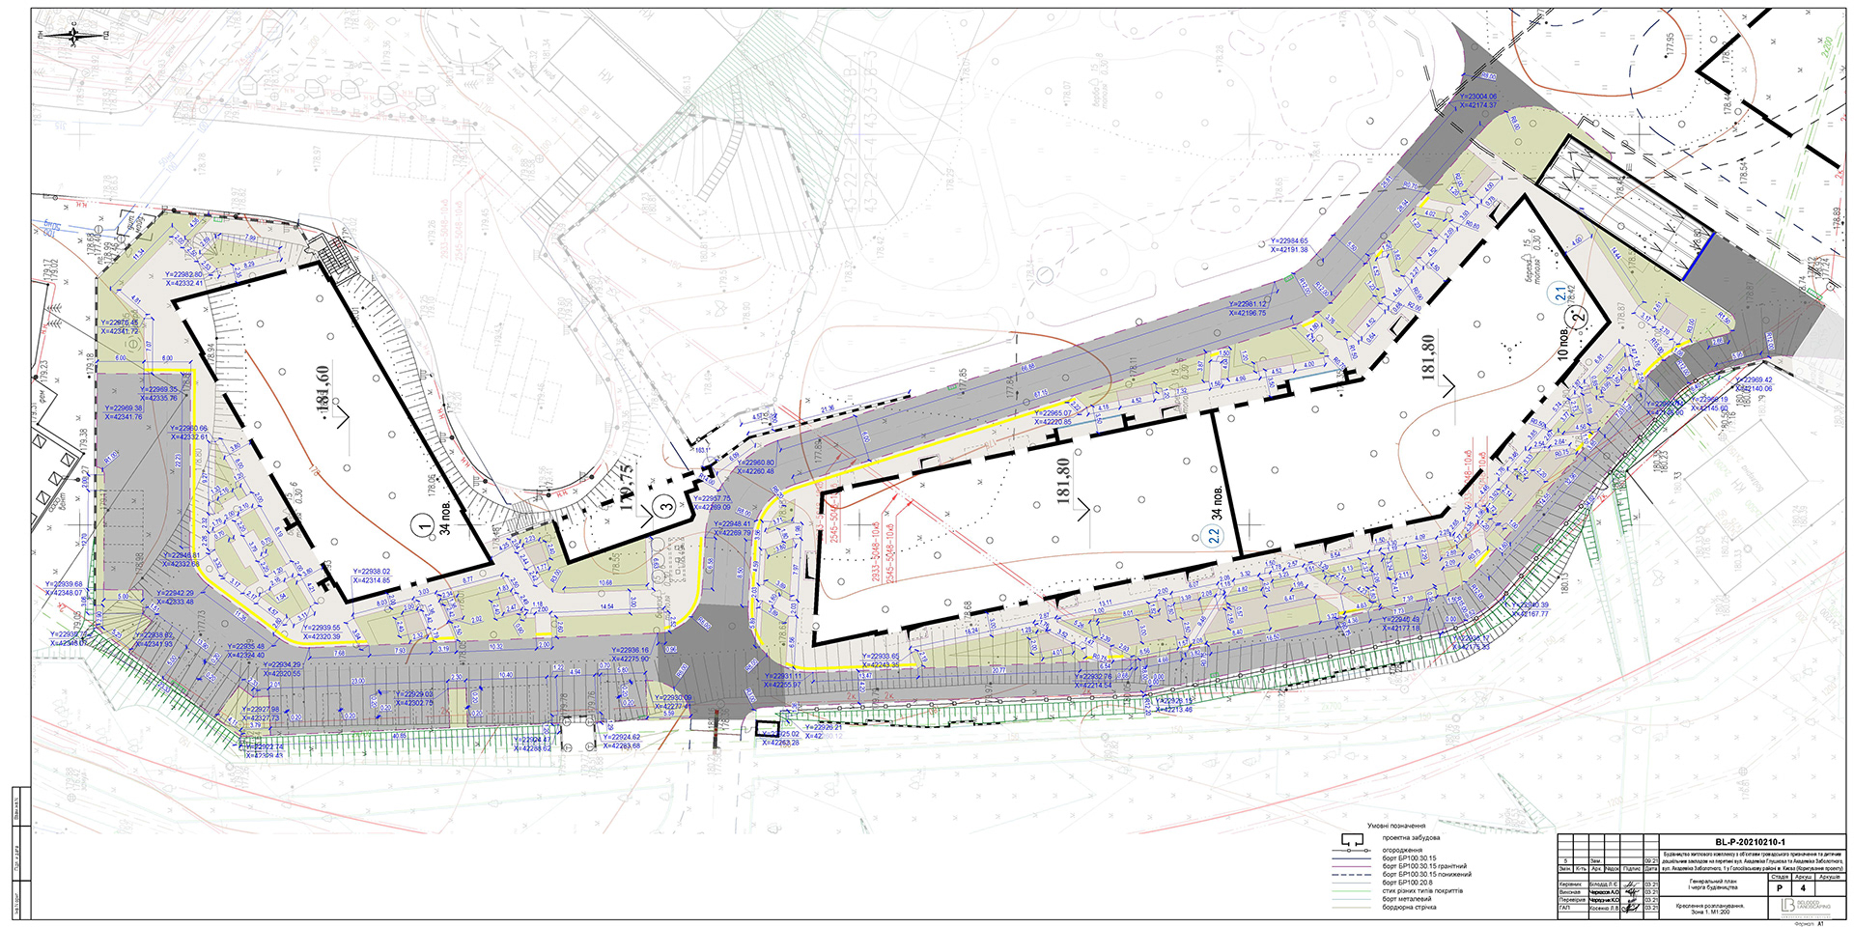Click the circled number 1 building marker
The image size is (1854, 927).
pos(422,525)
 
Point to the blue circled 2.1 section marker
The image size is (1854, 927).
pos(1559,294)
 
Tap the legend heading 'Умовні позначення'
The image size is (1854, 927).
pos(1396,827)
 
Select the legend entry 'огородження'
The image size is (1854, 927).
pos(1401,850)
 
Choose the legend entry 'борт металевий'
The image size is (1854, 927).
pos(1406,899)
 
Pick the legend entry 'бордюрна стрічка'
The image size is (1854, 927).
pos(1409,908)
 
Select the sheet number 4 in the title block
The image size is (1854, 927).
pos(1803,886)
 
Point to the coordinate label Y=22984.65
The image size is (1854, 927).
pos(1289,241)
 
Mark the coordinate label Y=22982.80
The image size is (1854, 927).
pos(183,275)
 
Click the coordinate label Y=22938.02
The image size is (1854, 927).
pos(372,572)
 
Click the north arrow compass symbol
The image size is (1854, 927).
pos(75,35)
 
